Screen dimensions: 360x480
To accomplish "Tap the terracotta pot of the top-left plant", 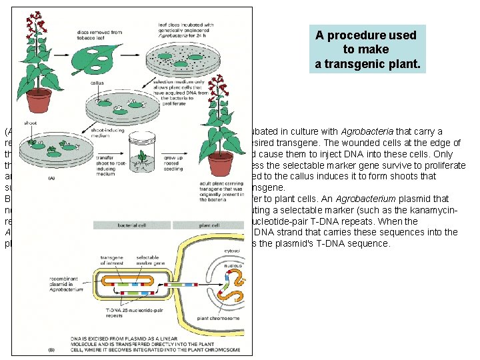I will coord(39,99).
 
